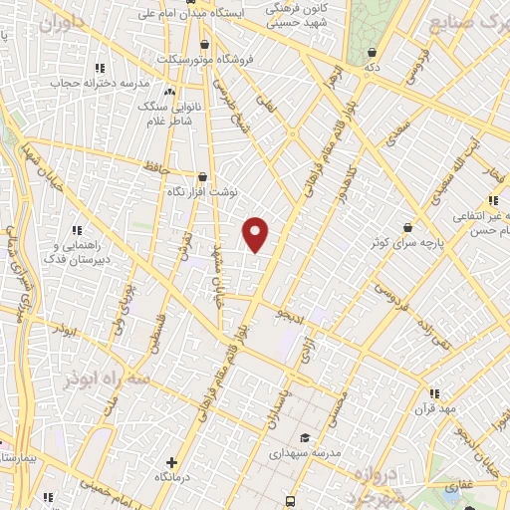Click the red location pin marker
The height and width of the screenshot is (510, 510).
click(256, 233)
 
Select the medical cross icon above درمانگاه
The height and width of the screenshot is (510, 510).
click(171, 462)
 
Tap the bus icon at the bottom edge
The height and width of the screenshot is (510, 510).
click(290, 501)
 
